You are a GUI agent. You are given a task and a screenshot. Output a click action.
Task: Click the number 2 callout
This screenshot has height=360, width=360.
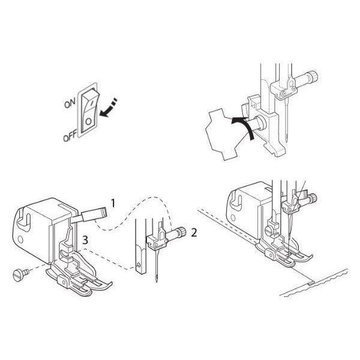(x=194, y=232)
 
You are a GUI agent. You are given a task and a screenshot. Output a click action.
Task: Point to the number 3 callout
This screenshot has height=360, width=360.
(x=86, y=239)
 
